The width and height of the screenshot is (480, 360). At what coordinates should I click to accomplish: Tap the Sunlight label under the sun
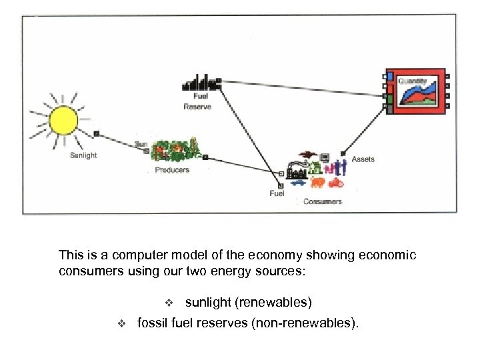(84, 155)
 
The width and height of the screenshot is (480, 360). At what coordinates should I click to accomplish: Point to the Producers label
(172, 170)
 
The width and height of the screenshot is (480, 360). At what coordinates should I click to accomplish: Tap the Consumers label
(322, 201)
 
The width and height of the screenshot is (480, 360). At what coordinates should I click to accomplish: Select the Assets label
(363, 159)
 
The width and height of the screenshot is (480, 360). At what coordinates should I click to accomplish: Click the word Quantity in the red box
(412, 81)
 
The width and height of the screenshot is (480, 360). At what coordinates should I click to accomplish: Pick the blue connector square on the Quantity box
(389, 76)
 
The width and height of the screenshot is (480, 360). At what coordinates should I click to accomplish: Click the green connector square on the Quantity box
(389, 98)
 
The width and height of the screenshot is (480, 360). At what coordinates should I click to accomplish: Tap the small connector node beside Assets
(343, 154)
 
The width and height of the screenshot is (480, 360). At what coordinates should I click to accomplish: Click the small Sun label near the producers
(141, 144)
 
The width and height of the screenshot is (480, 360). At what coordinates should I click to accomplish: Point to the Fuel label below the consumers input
(277, 194)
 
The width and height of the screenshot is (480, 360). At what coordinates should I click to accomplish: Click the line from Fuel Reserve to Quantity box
(300, 87)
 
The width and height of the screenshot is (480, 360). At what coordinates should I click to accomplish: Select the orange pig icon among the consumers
(317, 182)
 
